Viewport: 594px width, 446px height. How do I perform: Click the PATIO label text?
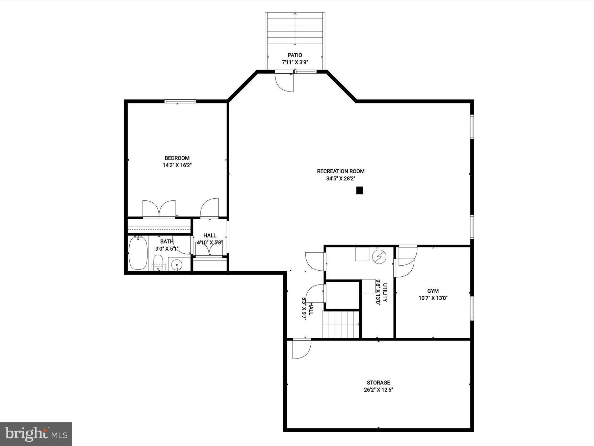click(295, 55)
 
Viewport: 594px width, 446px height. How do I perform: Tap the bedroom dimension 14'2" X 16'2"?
click(177, 165)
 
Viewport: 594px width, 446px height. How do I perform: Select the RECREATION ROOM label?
click(340, 171)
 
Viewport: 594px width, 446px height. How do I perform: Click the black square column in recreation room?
click(359, 191)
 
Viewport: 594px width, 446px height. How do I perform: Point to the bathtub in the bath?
click(138, 253)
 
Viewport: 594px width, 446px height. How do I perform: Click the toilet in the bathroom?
click(158, 263)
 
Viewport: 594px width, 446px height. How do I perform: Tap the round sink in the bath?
click(176, 264)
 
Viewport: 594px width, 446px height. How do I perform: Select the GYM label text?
click(433, 291)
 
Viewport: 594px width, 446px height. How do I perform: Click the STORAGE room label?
click(378, 382)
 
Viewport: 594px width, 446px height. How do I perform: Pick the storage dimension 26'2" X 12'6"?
click(378, 390)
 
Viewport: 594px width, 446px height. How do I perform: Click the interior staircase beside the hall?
click(341, 325)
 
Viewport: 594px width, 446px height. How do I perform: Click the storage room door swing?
click(301, 349)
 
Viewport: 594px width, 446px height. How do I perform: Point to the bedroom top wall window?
click(180, 101)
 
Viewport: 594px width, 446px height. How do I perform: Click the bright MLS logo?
click(36, 434)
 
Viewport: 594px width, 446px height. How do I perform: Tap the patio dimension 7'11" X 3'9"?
click(295, 62)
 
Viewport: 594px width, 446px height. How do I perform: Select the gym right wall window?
click(472, 308)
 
